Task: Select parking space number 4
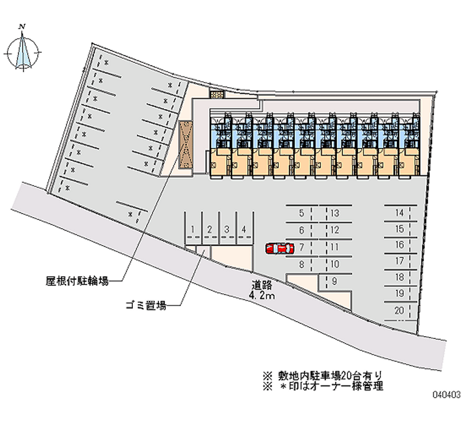[245, 229]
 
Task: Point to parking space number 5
[302, 213]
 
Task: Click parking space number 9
[335, 282]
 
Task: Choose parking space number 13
[335, 213]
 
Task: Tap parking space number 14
[399, 213]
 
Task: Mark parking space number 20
[399, 311]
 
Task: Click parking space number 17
[399, 261]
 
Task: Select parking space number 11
[335, 247]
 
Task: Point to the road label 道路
[262, 286]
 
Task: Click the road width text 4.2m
[262, 296]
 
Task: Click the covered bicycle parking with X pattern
[185, 146]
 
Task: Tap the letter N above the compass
[23, 26]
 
